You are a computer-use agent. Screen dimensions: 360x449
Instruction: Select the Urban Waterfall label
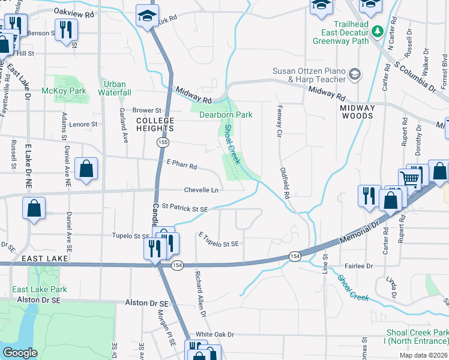(116, 88)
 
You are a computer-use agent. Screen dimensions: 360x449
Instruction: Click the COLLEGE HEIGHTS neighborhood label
(155, 124)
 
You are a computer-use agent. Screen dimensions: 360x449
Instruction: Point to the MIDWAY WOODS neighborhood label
(357, 112)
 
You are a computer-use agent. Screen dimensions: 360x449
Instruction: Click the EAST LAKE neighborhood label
(42, 258)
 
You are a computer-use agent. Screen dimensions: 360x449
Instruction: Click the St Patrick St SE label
(185, 209)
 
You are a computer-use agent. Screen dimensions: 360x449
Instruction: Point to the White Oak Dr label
(214, 334)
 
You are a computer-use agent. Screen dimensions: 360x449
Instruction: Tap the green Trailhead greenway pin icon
(377, 31)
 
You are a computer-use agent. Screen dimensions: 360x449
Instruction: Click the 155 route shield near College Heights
(162, 142)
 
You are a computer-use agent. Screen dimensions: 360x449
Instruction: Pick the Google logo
(20, 352)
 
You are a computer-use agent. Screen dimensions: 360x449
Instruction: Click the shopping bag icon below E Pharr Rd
(86, 169)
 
